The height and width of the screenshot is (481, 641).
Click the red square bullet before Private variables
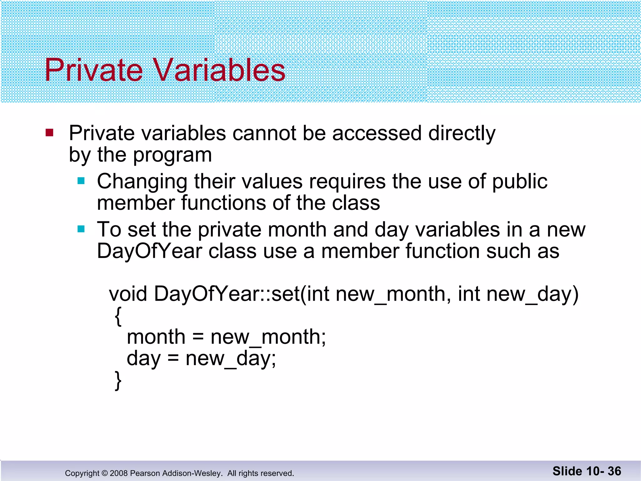pos(49,133)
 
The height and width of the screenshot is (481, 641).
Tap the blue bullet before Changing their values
pos(81,181)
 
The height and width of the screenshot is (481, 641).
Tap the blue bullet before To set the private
pos(81,229)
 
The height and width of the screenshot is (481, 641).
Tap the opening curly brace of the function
pos(118,316)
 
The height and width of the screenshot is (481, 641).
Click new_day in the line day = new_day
pos(230,359)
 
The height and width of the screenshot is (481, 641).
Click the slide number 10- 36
pos(603,471)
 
